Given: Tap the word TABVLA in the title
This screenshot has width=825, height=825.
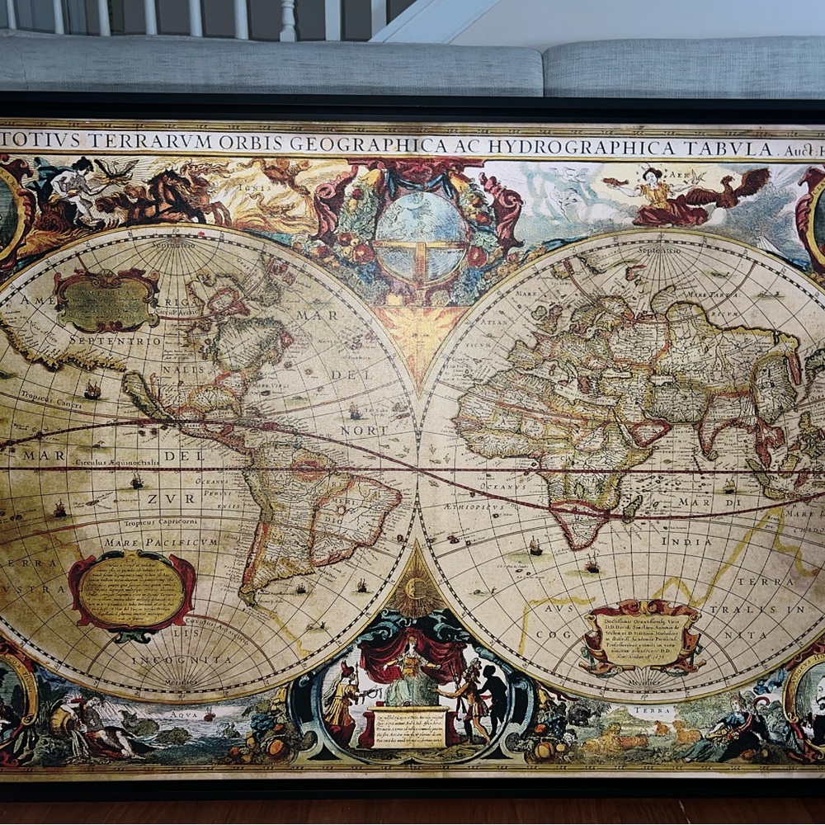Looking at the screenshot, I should (x=731, y=148).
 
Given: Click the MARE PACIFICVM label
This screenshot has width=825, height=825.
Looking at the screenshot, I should (x=161, y=542).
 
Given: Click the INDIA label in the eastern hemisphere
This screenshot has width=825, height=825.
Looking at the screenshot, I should (x=686, y=542).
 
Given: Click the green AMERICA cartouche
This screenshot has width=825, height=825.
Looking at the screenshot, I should (x=107, y=300).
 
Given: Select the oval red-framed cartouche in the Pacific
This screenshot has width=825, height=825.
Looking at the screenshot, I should (x=132, y=590).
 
